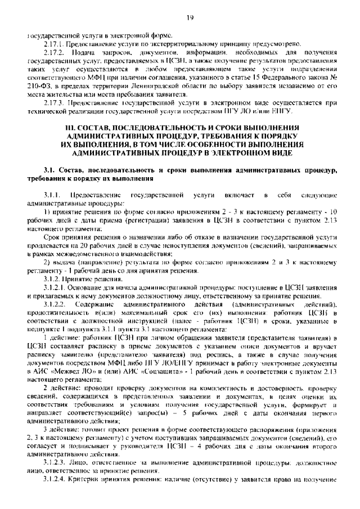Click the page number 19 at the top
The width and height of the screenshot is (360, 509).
pyautogui.click(x=190, y=18)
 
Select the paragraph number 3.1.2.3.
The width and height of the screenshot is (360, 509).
pyautogui.click(x=56, y=462)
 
